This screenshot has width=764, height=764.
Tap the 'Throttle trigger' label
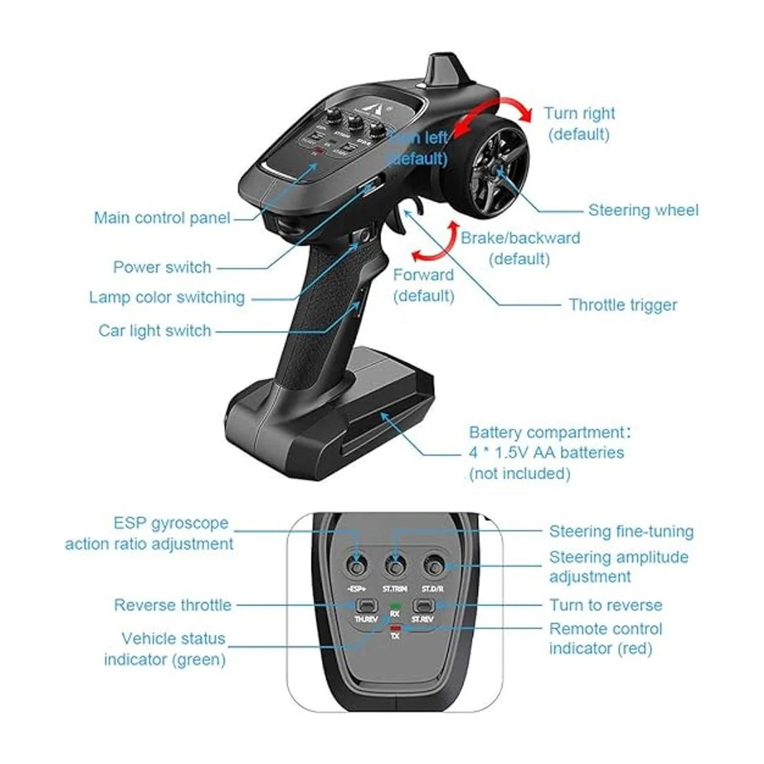point(623,305)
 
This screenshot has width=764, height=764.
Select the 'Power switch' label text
point(162,267)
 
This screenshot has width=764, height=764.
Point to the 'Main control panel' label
point(162,218)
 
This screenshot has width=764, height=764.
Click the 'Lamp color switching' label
point(167,297)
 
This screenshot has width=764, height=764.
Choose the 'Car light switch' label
point(154,330)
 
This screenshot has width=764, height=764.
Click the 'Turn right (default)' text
point(579,124)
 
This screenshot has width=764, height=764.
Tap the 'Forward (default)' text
point(423,285)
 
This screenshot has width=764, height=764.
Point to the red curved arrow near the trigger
point(435,243)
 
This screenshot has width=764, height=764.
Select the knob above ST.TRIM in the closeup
point(396,565)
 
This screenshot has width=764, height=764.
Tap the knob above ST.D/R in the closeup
point(435,564)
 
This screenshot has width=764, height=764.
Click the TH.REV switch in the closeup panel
point(365,605)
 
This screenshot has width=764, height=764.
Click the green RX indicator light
point(395,606)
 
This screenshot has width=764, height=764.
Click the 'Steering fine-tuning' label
point(621,532)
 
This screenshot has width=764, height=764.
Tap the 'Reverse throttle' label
point(173,605)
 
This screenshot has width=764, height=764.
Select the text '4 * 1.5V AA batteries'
point(546,453)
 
